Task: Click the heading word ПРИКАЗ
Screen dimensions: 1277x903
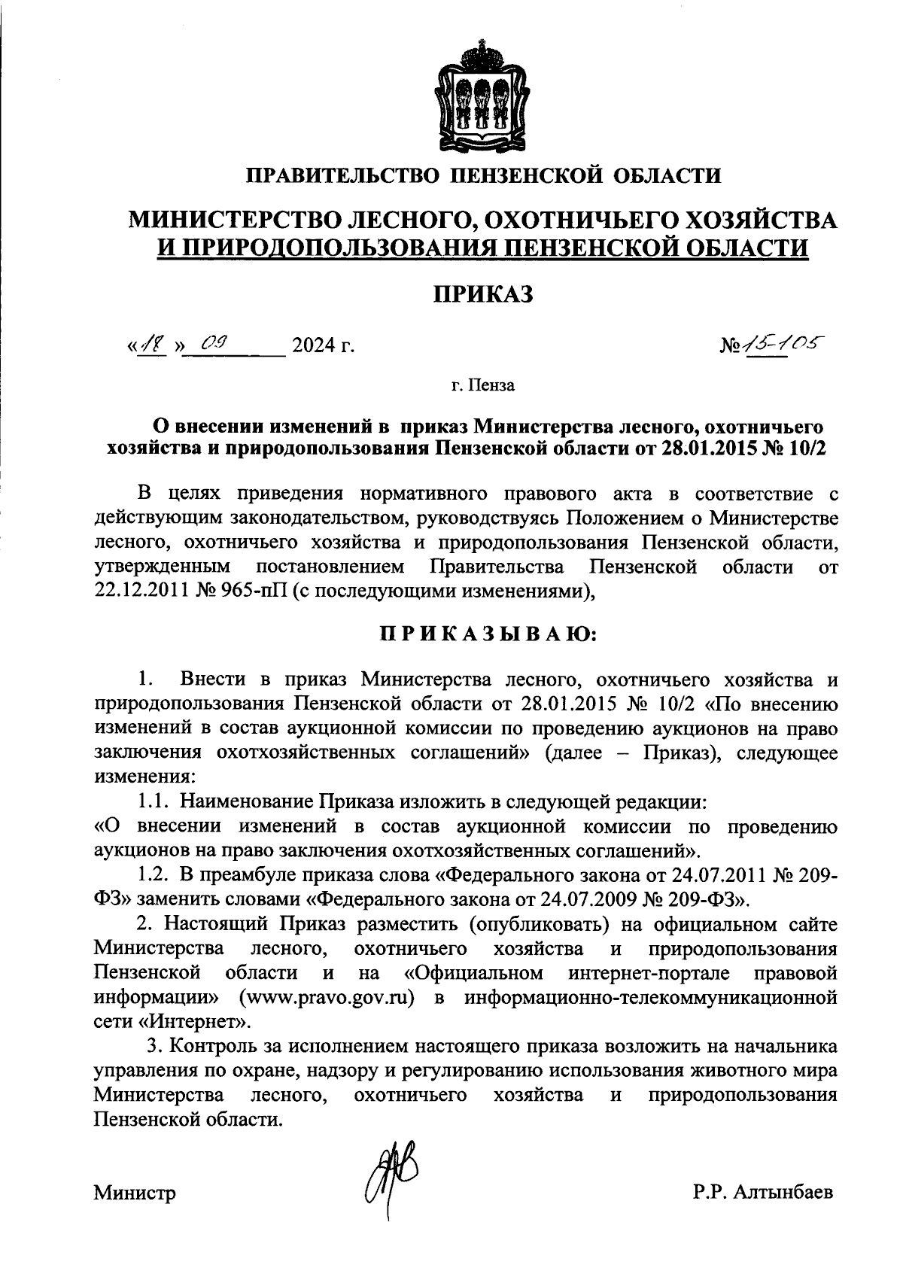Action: (x=482, y=293)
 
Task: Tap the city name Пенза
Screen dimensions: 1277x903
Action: (x=494, y=387)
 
